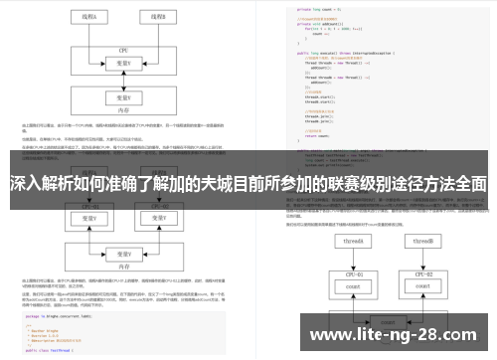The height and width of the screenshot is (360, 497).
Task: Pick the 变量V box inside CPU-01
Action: click(x=90, y=218)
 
